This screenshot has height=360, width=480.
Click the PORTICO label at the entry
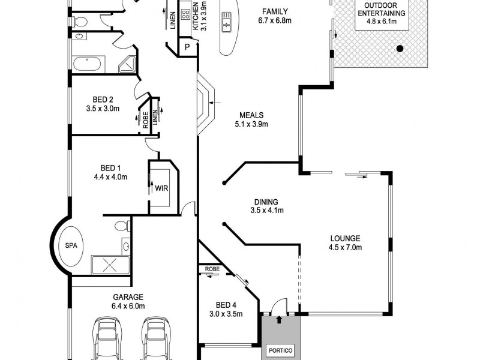(x=278, y=347)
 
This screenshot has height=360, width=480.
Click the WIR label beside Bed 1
(x=161, y=188)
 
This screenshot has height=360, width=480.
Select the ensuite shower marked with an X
(x=110, y=263)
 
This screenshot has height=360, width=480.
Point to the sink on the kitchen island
(x=227, y=24)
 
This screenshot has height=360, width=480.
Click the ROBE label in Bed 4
(x=212, y=269)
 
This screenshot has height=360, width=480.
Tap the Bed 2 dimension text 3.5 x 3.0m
(x=103, y=109)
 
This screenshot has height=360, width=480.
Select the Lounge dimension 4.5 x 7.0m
(x=345, y=247)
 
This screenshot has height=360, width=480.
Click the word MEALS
(x=252, y=115)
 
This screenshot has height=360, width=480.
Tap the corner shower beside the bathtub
(x=127, y=64)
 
